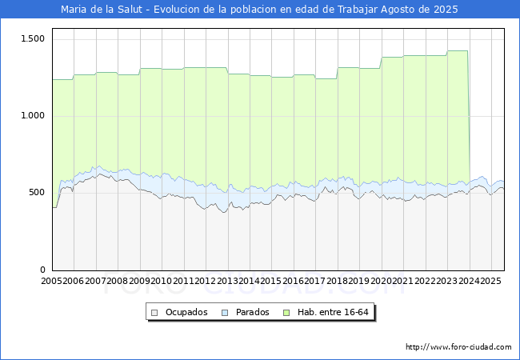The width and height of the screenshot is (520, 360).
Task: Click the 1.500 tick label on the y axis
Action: (33, 38)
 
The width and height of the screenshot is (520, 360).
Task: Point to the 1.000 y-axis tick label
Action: (33, 116)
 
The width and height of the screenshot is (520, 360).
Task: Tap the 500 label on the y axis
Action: (37, 193)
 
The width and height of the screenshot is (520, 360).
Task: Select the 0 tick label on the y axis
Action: (42, 270)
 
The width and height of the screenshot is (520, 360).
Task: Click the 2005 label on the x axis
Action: (51, 281)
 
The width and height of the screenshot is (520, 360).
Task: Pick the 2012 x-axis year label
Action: (206, 281)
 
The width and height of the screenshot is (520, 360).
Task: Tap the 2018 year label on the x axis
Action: (338, 281)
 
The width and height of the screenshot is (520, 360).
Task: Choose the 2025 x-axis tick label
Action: (491, 281)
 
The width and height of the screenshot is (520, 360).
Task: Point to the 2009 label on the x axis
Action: (139, 281)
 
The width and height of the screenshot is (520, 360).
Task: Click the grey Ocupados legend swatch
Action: (154, 313)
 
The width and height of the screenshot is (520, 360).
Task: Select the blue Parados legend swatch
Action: (225, 313)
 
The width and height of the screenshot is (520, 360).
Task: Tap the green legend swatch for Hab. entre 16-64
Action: (286, 313)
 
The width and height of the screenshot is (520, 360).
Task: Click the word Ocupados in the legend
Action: (186, 312)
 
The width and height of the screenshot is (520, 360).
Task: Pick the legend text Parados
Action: (252, 312)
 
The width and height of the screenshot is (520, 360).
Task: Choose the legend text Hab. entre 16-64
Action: (333, 312)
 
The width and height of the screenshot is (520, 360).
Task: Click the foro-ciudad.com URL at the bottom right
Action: (458, 346)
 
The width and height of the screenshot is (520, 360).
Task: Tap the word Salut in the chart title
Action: (130, 10)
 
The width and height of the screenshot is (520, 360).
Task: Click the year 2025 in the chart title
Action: (446, 10)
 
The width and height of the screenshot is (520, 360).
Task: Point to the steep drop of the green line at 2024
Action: (469, 116)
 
